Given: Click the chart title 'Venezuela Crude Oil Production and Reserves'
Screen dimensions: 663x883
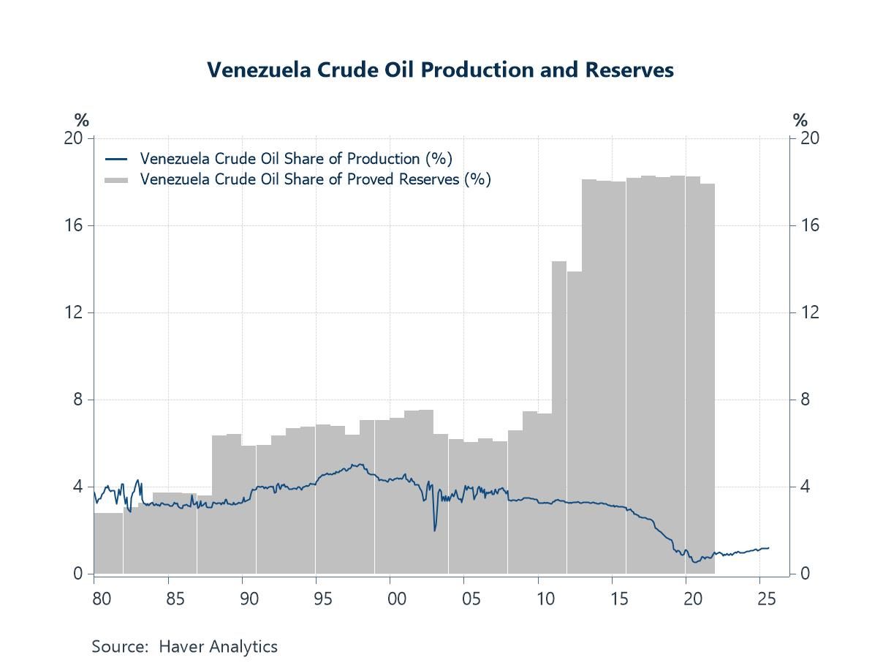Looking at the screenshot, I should tap(440, 70).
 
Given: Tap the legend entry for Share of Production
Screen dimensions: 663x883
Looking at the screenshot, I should tap(295, 159).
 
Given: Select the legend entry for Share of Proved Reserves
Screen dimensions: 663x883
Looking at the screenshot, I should tap(314, 179).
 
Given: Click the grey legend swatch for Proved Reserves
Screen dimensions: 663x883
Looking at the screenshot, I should tap(116, 179).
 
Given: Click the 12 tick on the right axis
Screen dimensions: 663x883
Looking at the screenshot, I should tap(809, 312).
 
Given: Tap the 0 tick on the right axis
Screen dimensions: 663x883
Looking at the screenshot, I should tap(806, 574).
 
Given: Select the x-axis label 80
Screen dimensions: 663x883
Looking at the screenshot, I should tap(102, 599).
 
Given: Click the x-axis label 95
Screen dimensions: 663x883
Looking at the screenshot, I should tap(323, 599).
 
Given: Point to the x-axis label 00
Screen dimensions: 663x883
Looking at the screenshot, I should tap(397, 599).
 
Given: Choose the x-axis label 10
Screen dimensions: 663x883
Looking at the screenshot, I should tap(545, 599).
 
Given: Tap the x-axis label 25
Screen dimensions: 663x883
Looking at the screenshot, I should tap(766, 599).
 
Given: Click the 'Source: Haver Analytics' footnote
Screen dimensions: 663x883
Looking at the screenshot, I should tap(184, 647).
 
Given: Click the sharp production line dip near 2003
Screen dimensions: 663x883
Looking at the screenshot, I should tap(435, 530).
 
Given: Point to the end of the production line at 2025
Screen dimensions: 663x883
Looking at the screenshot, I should tap(768, 548).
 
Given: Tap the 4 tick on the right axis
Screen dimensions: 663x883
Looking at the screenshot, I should tap(806, 487).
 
